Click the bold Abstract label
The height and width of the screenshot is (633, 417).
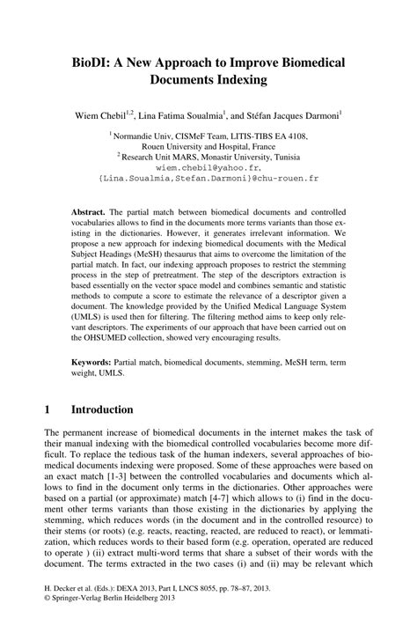[89, 213]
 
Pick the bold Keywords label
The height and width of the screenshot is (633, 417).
[93, 363]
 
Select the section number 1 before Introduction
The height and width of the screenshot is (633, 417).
[46, 410]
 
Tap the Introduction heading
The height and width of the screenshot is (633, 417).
[102, 410]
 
